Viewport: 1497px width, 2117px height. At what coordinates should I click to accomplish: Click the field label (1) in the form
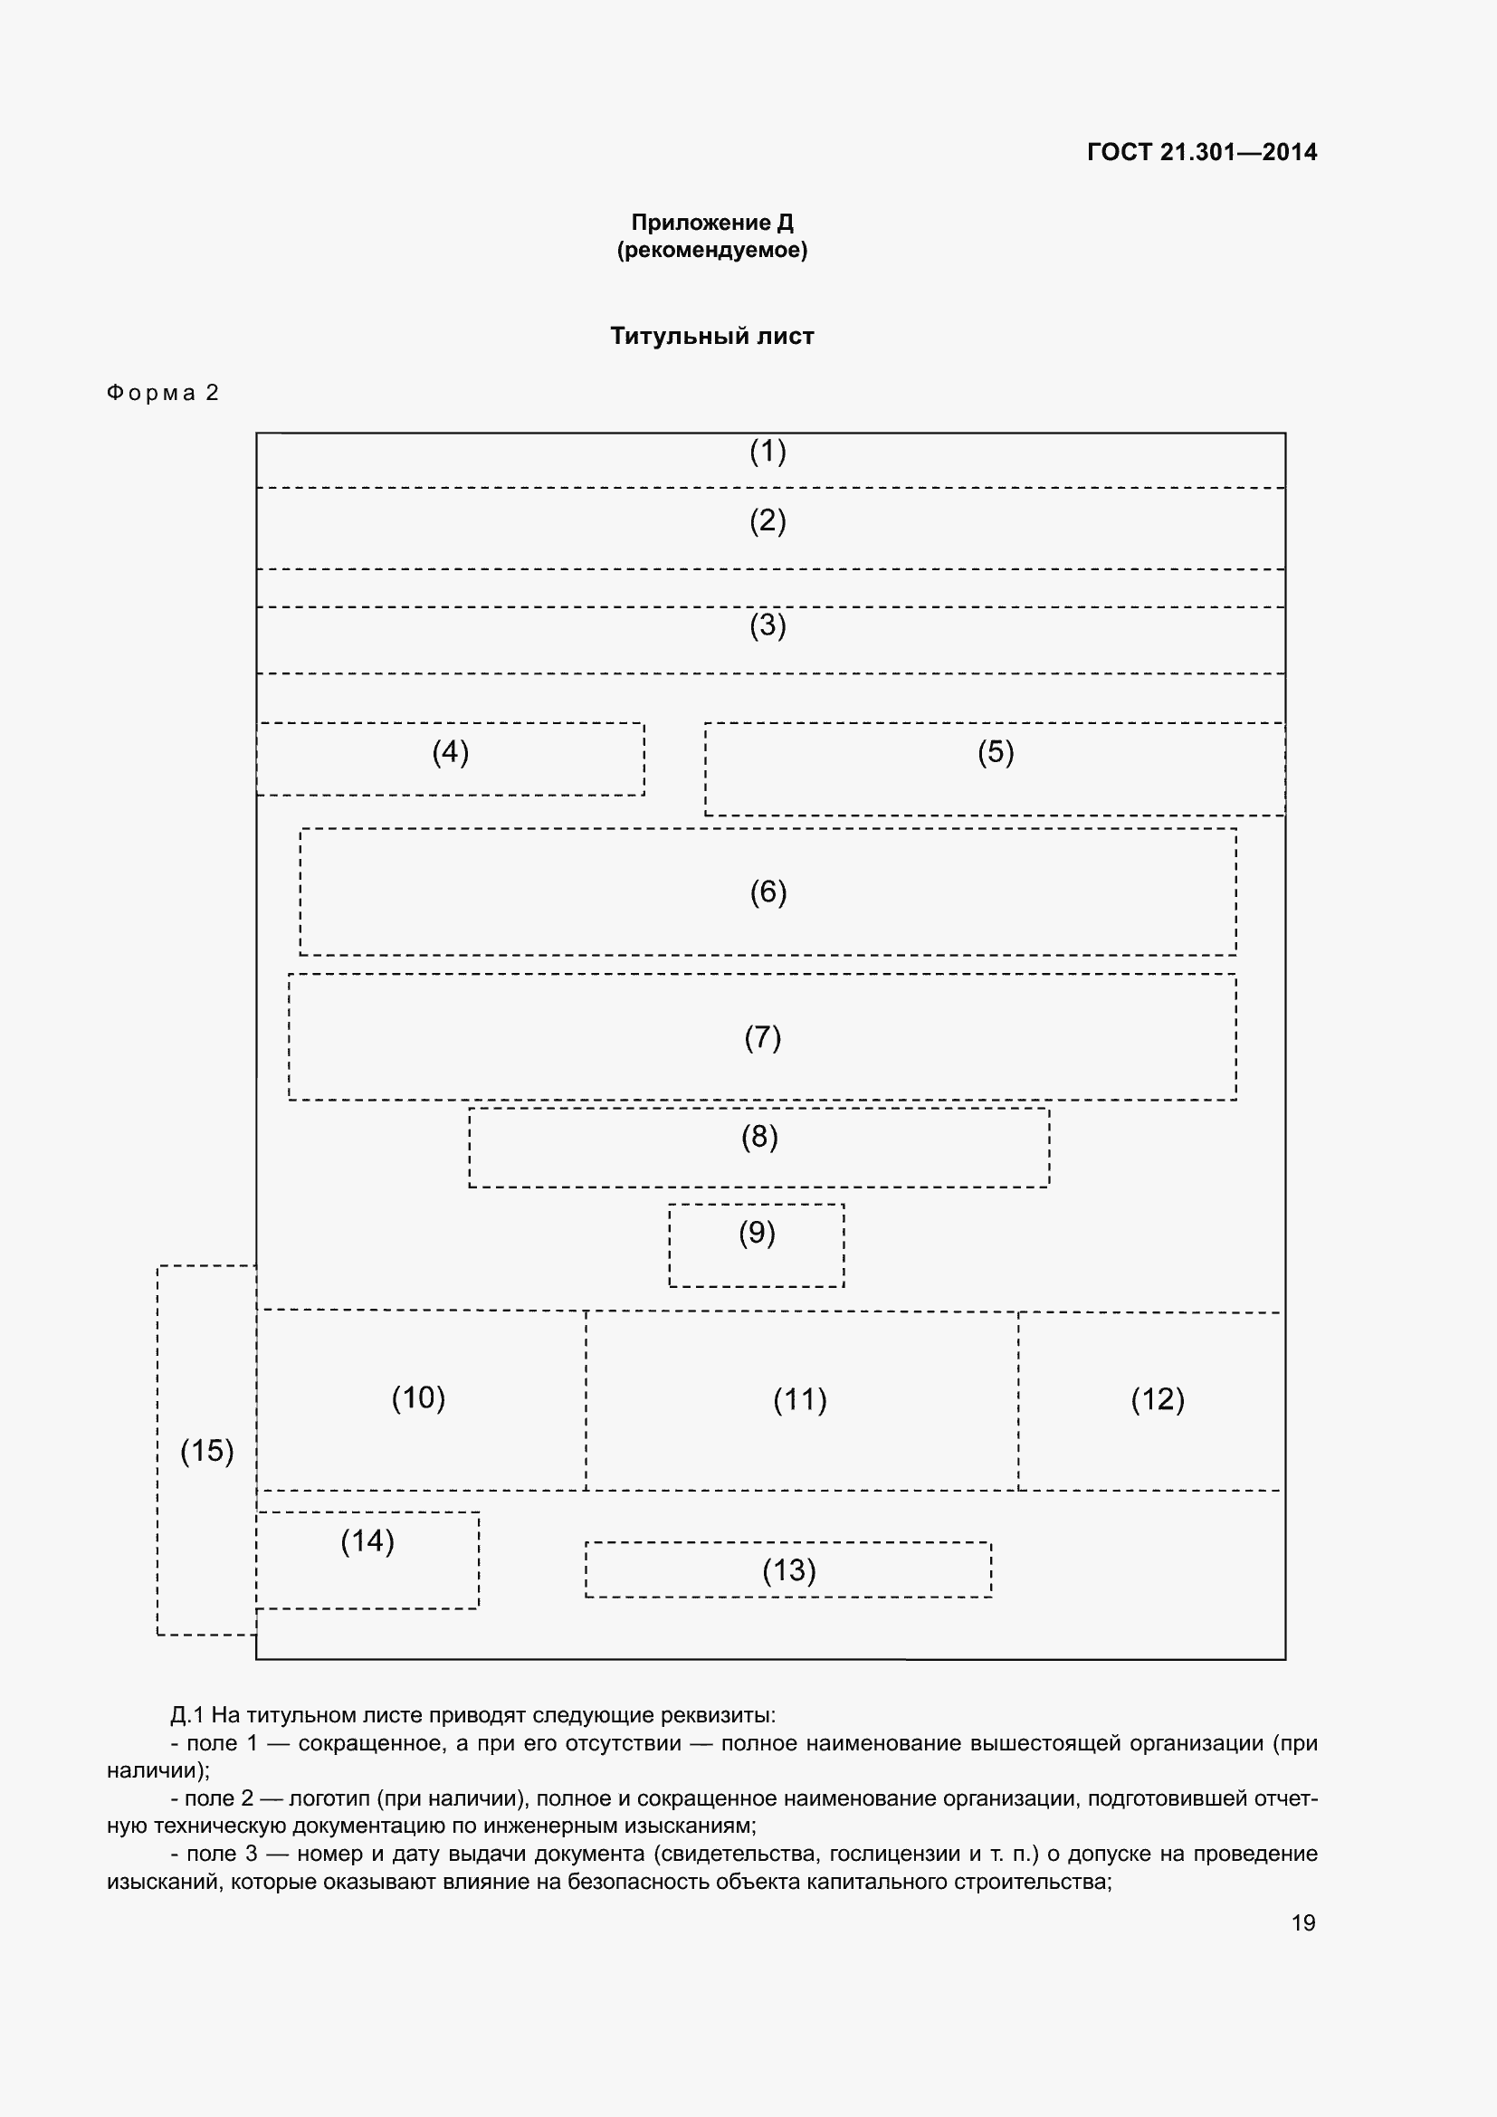click(767, 452)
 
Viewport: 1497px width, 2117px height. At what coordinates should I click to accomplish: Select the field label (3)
click(767, 625)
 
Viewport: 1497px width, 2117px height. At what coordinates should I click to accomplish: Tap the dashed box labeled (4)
click(450, 758)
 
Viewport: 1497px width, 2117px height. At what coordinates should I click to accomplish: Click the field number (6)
click(768, 892)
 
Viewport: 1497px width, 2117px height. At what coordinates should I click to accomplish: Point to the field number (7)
click(762, 1037)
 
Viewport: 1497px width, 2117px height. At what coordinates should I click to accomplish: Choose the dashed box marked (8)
click(758, 1147)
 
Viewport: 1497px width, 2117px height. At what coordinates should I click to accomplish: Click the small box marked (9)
click(756, 1244)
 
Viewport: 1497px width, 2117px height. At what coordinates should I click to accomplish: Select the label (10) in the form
click(418, 1397)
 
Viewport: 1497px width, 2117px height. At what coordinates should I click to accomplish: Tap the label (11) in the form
click(800, 1399)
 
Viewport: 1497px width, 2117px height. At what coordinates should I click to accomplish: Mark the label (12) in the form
click(1157, 1398)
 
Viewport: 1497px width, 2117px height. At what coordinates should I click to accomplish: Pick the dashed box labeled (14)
click(367, 1560)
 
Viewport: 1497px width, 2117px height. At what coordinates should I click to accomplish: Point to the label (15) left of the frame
click(206, 1450)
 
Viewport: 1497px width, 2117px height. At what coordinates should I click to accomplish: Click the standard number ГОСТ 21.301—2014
click(1201, 152)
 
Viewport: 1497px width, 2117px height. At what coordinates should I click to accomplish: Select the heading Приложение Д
click(711, 223)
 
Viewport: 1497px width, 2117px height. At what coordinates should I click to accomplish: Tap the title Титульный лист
click(711, 336)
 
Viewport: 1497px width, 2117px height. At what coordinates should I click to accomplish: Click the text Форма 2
click(162, 393)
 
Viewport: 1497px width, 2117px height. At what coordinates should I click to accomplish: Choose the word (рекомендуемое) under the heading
click(711, 250)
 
